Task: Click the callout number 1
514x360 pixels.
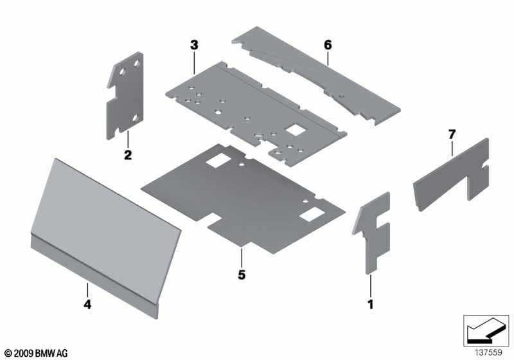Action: (x=371, y=305)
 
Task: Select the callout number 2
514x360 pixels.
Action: (x=128, y=155)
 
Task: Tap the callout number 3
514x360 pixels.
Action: (x=195, y=45)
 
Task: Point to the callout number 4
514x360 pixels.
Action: (x=87, y=304)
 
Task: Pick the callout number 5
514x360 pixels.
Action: (x=242, y=274)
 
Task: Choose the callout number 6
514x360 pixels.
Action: (x=328, y=45)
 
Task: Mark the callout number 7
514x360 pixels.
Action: (x=452, y=134)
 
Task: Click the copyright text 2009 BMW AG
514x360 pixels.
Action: (x=37, y=353)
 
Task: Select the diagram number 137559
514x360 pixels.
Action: (x=488, y=352)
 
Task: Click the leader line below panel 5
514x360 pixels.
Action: (x=242, y=258)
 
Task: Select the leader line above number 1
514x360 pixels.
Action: (x=371, y=286)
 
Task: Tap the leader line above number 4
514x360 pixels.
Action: (x=87, y=290)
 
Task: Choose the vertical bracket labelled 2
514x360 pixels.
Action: (x=125, y=95)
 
